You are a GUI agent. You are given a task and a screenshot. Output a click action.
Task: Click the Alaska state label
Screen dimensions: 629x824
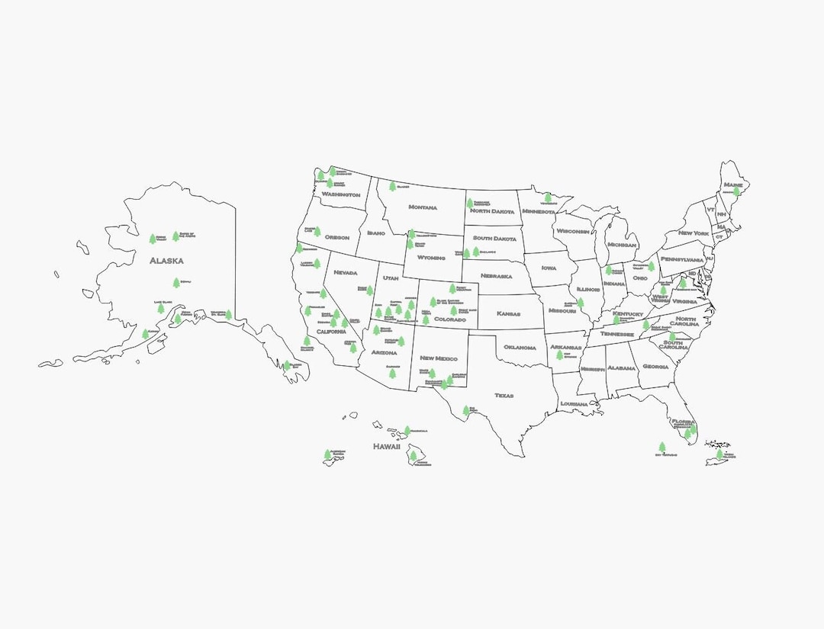(x=166, y=261)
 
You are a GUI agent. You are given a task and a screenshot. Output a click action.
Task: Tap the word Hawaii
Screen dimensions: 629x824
(x=387, y=447)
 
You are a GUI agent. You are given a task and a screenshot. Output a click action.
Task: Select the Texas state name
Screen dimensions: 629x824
(x=504, y=396)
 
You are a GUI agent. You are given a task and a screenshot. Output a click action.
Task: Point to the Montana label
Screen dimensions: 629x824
(x=423, y=207)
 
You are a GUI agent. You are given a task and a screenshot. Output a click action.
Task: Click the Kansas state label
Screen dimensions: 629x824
(x=508, y=313)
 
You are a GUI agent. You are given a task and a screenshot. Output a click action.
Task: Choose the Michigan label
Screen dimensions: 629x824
(x=622, y=245)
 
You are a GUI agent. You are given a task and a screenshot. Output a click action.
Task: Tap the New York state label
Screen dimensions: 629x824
(x=694, y=233)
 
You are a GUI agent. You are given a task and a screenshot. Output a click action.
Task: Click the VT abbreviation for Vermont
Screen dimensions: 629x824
(x=710, y=210)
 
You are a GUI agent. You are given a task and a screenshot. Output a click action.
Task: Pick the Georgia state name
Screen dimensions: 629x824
(x=655, y=367)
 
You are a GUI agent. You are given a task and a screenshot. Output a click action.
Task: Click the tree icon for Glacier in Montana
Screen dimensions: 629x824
(x=392, y=185)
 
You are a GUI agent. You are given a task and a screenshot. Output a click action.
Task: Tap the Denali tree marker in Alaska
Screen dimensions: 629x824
(x=176, y=282)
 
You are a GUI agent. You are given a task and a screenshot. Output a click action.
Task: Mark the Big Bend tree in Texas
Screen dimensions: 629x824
(x=466, y=410)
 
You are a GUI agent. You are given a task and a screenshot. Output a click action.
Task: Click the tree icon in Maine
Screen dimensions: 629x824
(x=736, y=191)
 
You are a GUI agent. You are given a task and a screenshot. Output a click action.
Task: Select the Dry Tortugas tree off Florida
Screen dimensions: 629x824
(x=661, y=447)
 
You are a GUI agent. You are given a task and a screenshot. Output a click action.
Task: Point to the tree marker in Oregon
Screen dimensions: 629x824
(x=317, y=230)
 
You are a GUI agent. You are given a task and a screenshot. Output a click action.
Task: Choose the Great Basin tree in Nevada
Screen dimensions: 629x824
(x=369, y=290)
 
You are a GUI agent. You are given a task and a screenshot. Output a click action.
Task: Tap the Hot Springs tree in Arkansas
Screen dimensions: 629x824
(x=559, y=354)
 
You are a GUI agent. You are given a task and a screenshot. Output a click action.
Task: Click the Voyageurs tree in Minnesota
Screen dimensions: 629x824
(x=547, y=197)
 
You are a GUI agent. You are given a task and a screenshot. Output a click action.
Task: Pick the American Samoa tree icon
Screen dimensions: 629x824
(x=327, y=454)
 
